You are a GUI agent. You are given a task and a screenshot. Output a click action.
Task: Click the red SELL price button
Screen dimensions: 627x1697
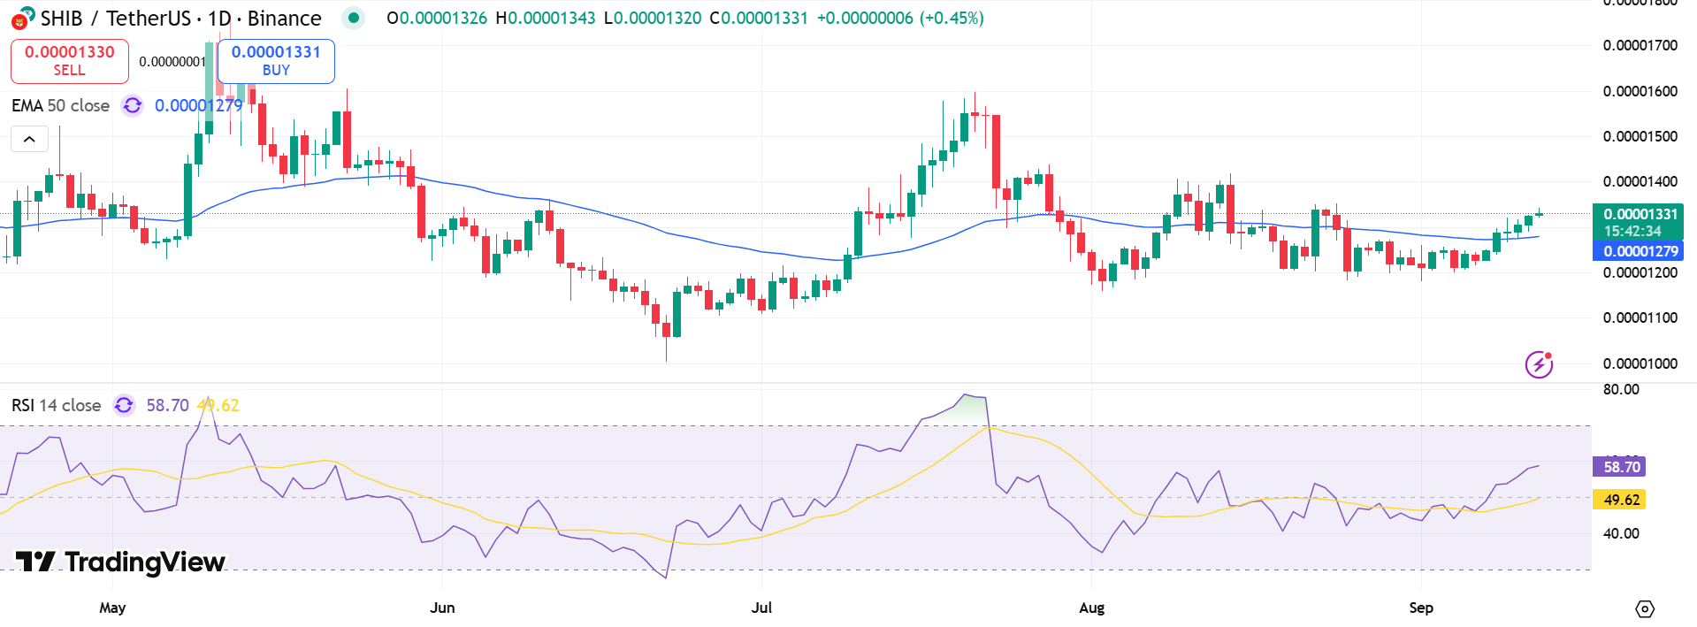(x=69, y=60)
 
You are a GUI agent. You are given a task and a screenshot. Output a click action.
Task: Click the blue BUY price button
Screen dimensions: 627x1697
(x=276, y=60)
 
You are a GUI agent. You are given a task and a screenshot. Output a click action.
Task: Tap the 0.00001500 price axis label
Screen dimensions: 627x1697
(x=1640, y=136)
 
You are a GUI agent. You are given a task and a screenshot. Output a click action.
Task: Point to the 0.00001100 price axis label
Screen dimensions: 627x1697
(x=1640, y=317)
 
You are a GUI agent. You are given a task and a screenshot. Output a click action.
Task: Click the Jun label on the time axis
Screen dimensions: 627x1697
(x=442, y=608)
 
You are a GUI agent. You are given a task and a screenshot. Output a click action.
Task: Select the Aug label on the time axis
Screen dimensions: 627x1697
(x=1091, y=608)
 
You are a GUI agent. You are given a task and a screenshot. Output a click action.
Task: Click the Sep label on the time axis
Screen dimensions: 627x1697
(x=1420, y=608)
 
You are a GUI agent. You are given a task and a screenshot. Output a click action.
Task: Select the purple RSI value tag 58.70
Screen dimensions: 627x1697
(x=1621, y=467)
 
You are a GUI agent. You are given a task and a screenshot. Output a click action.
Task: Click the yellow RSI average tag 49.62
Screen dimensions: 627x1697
(x=1621, y=500)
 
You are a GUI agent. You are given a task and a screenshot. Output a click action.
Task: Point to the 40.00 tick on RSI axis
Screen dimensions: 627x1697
(x=1620, y=533)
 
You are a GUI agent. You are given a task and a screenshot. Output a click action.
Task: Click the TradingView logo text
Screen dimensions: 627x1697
(x=121, y=562)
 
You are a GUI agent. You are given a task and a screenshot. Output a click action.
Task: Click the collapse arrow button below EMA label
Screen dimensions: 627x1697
(x=29, y=139)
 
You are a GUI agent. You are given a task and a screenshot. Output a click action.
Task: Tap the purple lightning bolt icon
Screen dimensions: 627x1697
(x=1539, y=363)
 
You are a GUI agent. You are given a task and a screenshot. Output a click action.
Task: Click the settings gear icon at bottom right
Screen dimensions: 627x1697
(x=1644, y=608)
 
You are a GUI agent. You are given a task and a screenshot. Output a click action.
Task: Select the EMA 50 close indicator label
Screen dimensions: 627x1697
(x=60, y=105)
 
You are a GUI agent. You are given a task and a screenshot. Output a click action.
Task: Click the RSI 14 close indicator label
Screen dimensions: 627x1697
(x=56, y=405)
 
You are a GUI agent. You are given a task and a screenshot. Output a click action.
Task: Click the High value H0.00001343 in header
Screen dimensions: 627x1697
(x=545, y=18)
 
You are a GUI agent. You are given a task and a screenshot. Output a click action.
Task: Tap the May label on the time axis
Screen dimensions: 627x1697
(x=112, y=608)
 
